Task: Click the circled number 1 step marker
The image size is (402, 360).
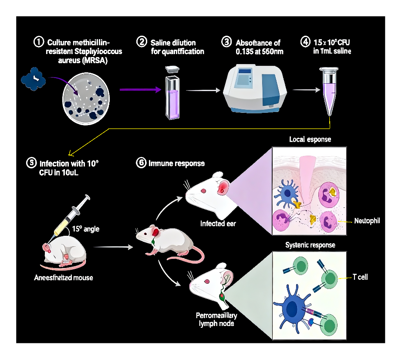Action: click(39, 42)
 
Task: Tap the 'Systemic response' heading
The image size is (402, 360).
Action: click(310, 245)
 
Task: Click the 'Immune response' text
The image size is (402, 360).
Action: click(176, 163)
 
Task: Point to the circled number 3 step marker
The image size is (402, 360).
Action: click(226, 42)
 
